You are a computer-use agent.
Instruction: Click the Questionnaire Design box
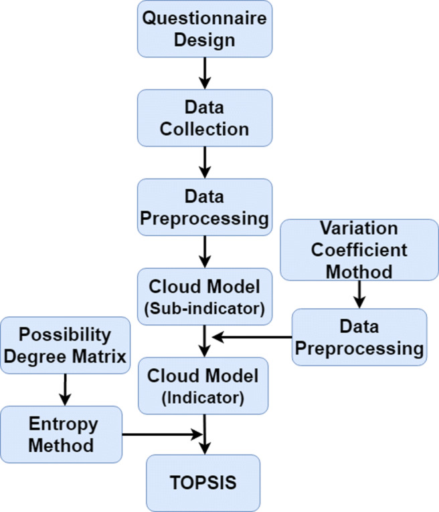point(205,29)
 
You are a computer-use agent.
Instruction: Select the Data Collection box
point(205,118)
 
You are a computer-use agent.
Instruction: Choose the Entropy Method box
point(62,434)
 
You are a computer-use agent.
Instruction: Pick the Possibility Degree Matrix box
point(66,345)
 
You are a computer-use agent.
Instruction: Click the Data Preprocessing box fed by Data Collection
point(205,207)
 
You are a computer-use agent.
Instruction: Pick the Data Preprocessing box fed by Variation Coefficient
point(359,337)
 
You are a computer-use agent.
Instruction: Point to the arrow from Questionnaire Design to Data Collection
point(205,74)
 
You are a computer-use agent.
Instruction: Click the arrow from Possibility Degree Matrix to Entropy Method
point(65,389)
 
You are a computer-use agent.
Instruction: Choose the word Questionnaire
point(205,19)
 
